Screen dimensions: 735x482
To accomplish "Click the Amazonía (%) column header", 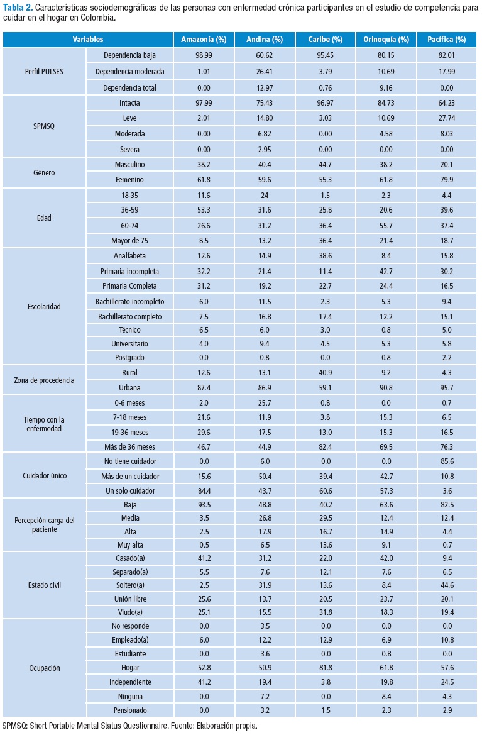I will [203, 40].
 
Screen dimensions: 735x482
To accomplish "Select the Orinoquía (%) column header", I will [386, 40].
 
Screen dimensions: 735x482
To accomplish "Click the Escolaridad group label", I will [44, 307].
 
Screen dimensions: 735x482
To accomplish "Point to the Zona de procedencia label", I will [45, 380].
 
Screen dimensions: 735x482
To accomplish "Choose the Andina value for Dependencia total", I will [264, 87].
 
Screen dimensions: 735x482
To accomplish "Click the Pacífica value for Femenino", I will [447, 179].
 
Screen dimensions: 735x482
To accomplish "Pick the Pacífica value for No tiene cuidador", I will [447, 461].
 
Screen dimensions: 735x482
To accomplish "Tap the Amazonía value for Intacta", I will [203, 103].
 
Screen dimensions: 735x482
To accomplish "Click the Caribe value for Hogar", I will [325, 666].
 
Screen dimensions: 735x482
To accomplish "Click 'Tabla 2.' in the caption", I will [17, 8].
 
